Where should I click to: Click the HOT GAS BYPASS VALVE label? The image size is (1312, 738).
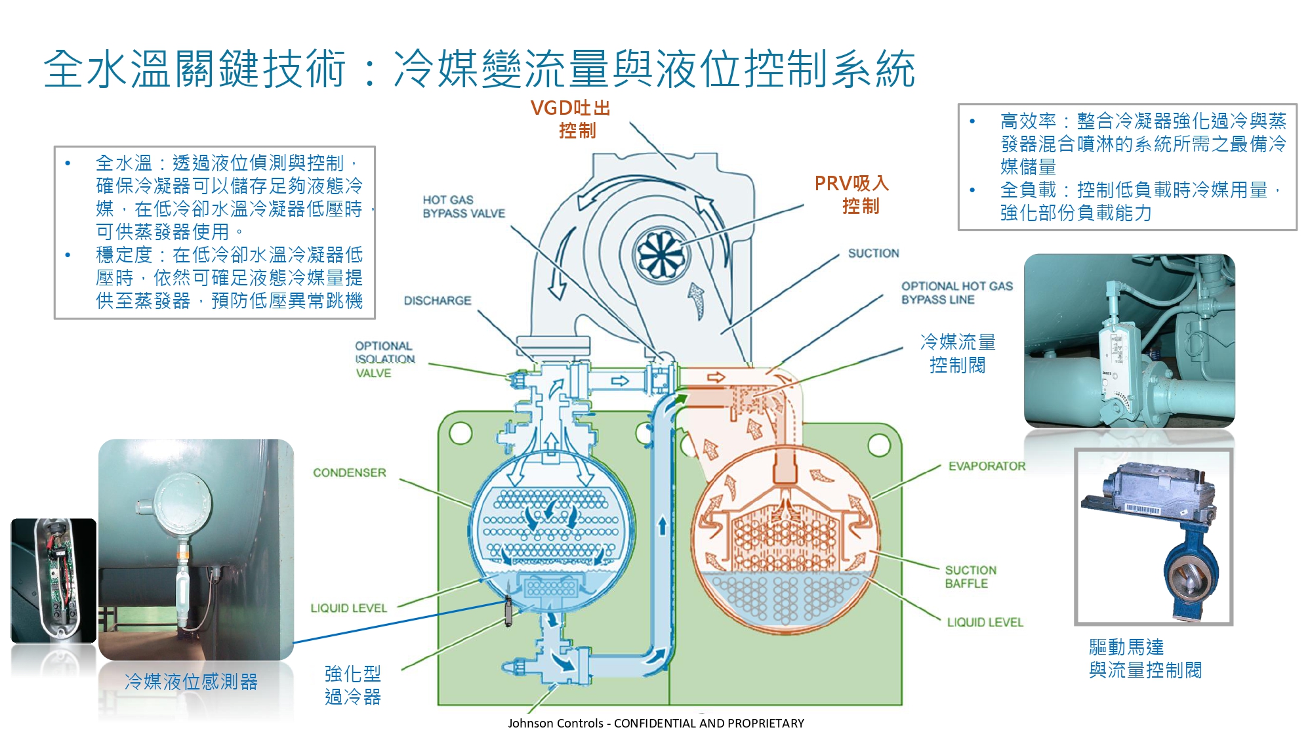(463, 207)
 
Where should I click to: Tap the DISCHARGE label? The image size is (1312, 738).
(438, 300)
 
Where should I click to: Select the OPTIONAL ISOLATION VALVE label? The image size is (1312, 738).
(384, 359)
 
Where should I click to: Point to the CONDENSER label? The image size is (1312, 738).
(349, 472)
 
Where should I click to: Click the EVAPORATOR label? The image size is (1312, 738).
(987, 466)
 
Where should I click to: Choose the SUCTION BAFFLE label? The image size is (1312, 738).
(970, 577)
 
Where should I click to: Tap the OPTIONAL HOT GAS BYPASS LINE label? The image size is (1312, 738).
(956, 293)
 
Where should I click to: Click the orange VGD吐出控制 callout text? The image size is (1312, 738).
(571, 119)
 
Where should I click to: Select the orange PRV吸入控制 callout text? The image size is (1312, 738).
(852, 194)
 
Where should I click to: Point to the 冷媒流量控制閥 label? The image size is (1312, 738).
(958, 353)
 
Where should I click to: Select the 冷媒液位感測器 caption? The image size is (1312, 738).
(191, 682)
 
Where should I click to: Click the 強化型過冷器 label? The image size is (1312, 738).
(353, 685)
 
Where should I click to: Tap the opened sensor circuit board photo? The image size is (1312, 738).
(54, 580)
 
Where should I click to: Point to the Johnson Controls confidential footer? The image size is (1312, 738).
(655, 723)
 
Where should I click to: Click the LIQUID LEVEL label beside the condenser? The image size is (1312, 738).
(348, 608)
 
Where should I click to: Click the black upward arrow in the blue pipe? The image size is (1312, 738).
(663, 525)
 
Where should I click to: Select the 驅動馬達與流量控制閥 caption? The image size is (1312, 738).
(1145, 659)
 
